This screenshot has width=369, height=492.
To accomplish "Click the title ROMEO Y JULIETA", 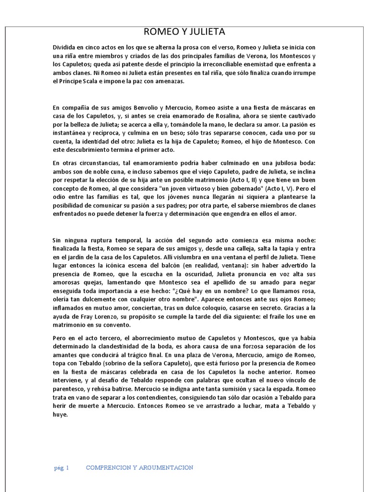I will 184,32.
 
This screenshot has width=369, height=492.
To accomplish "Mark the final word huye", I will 61,416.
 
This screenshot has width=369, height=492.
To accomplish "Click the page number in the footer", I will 62,467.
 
